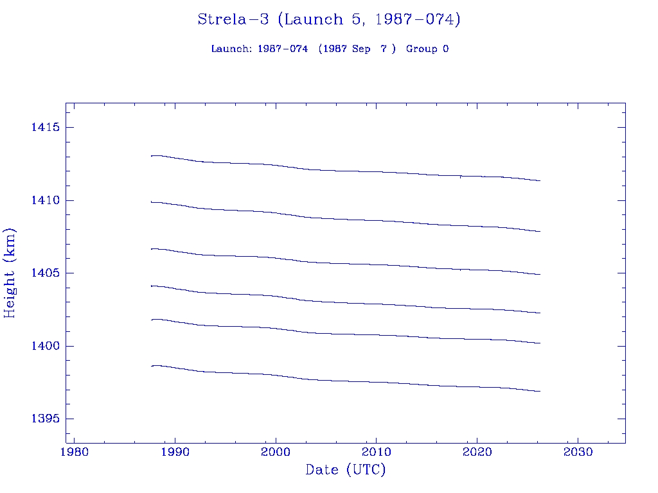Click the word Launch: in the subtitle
[232, 49]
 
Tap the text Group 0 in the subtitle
[427, 49]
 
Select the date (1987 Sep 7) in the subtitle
[357, 49]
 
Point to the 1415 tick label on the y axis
[45, 128]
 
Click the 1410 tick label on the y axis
[45, 201]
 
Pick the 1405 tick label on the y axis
[45, 273]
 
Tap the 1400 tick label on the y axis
[45, 347]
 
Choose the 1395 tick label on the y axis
[45, 419]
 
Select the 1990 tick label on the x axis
[175, 453]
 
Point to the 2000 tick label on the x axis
[276, 453]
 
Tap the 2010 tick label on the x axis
[376, 453]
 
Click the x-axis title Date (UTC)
[346, 471]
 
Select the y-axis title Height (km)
[10, 273]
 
